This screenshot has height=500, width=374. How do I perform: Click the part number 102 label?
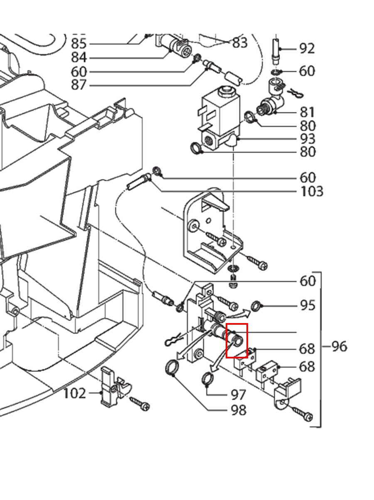click(x=74, y=393)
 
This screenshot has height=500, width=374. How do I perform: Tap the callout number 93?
click(x=308, y=139)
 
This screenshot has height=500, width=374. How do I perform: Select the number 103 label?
click(x=311, y=192)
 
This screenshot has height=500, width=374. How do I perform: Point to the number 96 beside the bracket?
click(x=339, y=346)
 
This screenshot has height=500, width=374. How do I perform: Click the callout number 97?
click(x=239, y=394)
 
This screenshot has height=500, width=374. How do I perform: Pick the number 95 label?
click(x=308, y=306)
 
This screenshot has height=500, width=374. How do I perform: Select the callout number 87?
click(x=79, y=85)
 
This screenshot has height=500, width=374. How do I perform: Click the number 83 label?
click(x=240, y=42)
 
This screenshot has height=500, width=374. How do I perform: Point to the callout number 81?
click(x=308, y=112)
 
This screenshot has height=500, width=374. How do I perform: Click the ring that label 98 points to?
click(x=171, y=368)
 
